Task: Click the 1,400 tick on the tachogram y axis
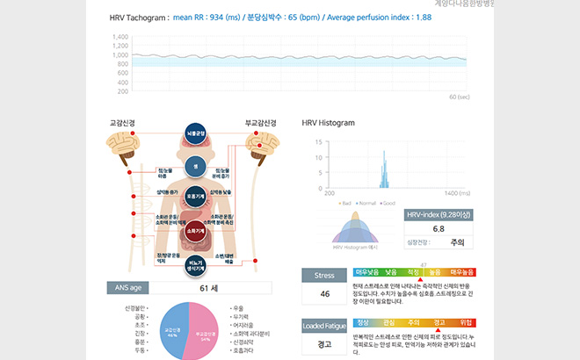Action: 120,37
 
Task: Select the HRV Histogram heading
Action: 328,123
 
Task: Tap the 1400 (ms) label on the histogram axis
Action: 457,192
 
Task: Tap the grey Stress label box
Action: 324,275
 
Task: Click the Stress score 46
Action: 324,293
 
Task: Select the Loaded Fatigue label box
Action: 324,327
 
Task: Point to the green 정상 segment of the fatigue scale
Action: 363,322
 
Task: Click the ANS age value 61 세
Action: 208,287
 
